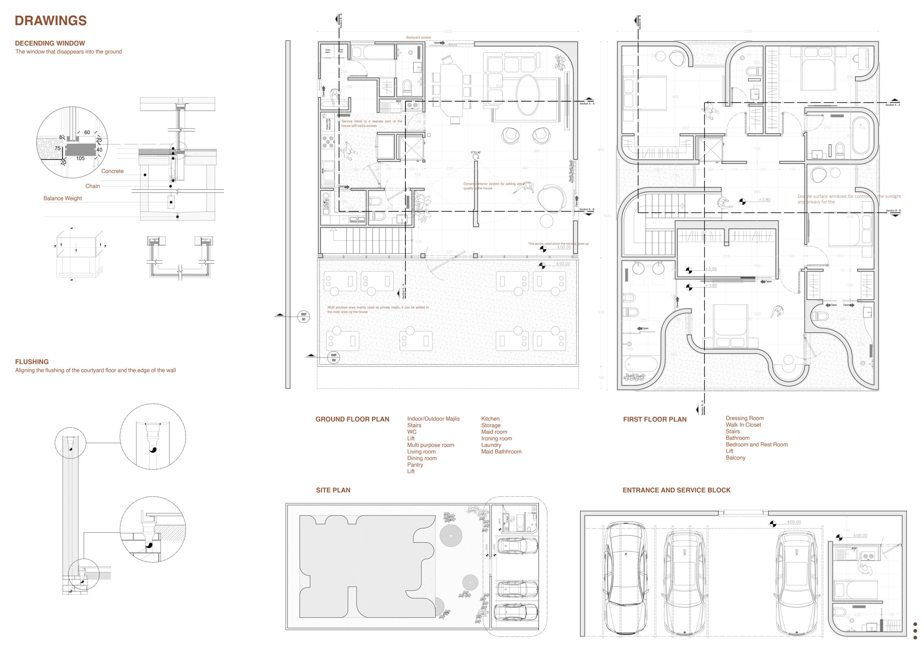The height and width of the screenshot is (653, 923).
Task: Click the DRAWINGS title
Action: point(51,21)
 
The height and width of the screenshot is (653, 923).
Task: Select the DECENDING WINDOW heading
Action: point(50,43)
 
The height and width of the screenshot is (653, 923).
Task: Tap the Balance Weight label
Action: point(62,198)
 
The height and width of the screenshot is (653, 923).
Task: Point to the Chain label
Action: point(92,186)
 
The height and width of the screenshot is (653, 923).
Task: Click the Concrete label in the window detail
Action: point(112,171)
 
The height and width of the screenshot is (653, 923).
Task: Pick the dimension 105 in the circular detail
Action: point(80,158)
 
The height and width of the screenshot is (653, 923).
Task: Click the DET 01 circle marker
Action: point(303,317)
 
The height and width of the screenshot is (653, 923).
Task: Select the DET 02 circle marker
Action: point(334,358)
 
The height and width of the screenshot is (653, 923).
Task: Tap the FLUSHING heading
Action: point(32,362)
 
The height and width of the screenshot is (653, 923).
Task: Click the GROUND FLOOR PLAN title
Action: point(352,419)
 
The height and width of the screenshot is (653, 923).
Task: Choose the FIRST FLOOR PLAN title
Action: point(655,419)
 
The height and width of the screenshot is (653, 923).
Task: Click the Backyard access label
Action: point(418,37)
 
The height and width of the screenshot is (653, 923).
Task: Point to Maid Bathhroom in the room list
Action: point(501,452)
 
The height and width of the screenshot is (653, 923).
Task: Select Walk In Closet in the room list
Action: point(743,425)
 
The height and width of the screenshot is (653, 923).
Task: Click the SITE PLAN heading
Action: point(333,490)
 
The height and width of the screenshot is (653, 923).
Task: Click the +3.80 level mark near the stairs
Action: point(764,199)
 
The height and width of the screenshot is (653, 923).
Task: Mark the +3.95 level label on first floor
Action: point(711,269)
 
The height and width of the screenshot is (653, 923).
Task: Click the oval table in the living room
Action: point(528,95)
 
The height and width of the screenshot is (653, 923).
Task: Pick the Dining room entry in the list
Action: point(422,458)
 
